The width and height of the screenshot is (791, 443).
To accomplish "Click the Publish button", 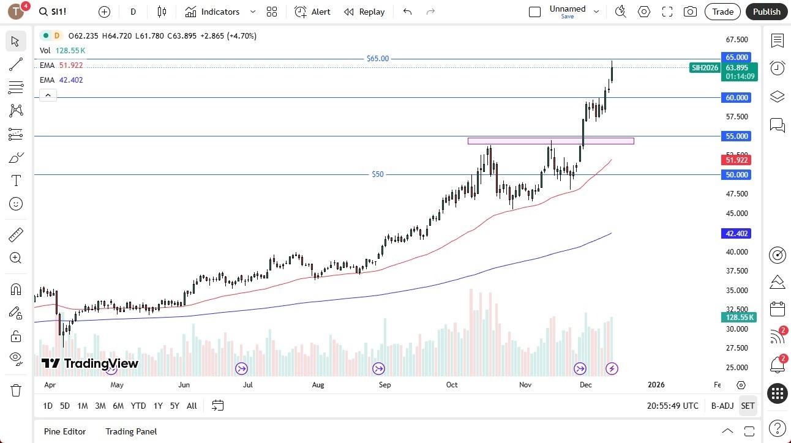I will [x=767, y=12].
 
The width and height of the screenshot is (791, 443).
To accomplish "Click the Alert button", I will [x=312, y=12].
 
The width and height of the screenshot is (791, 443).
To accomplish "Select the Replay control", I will [x=364, y=12].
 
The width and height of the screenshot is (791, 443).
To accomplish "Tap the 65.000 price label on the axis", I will [x=737, y=57].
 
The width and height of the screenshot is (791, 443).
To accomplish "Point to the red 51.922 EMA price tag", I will [x=737, y=160].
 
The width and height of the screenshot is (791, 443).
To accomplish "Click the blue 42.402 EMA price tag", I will [x=737, y=233].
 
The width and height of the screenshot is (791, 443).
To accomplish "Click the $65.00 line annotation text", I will [x=377, y=59].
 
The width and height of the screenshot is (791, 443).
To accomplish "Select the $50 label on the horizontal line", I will [x=378, y=174].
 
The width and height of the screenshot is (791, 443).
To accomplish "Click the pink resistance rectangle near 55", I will [x=550, y=141].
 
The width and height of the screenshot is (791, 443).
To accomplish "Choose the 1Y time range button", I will [x=158, y=406].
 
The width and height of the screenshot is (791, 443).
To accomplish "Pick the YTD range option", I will [x=138, y=406].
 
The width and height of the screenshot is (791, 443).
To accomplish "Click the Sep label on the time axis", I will [x=384, y=385].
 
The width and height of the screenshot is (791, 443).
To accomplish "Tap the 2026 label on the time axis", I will [x=656, y=385].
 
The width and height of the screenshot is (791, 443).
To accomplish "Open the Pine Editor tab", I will [x=65, y=431].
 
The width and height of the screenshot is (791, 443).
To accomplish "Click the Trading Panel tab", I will [x=131, y=431].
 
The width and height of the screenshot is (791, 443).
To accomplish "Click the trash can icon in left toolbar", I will [x=16, y=390].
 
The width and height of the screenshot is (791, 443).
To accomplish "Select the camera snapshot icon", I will [x=690, y=12].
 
